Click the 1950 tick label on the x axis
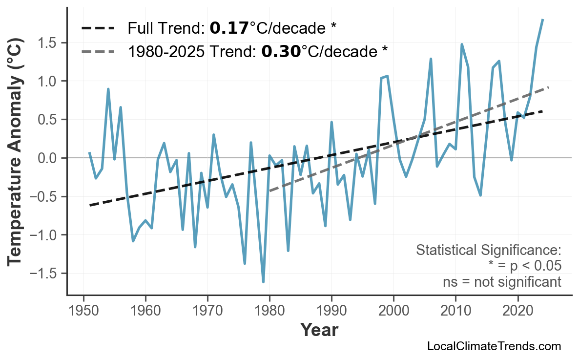(x=83, y=311)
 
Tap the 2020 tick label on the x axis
(x=517, y=311)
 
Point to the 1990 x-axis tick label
(x=331, y=311)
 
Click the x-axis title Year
(x=319, y=330)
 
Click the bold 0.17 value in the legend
(x=229, y=28)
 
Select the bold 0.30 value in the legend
(x=281, y=51)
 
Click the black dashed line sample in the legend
(x=98, y=28)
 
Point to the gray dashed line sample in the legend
(x=98, y=51)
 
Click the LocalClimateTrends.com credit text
(x=494, y=346)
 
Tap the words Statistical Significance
(x=488, y=250)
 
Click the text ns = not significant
(x=501, y=282)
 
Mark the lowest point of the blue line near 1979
(x=263, y=282)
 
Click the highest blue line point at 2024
(x=542, y=20)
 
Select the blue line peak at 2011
(x=462, y=44)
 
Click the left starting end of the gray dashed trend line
(x=270, y=191)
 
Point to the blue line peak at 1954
(x=108, y=89)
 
